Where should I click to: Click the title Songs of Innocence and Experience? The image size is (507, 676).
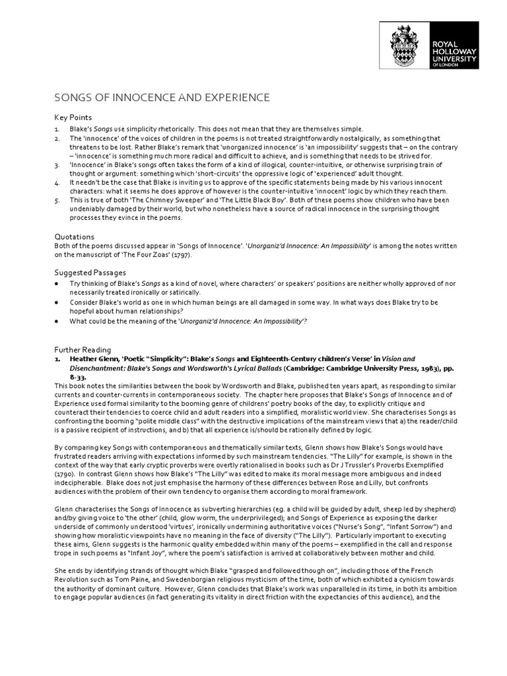point(162,98)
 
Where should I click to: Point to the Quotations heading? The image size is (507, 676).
point(74,236)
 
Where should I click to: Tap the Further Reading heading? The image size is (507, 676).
point(83,349)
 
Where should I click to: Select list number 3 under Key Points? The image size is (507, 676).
point(57,164)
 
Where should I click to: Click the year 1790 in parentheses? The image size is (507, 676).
point(65,474)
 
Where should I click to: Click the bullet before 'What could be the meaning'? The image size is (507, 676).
point(57,321)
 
